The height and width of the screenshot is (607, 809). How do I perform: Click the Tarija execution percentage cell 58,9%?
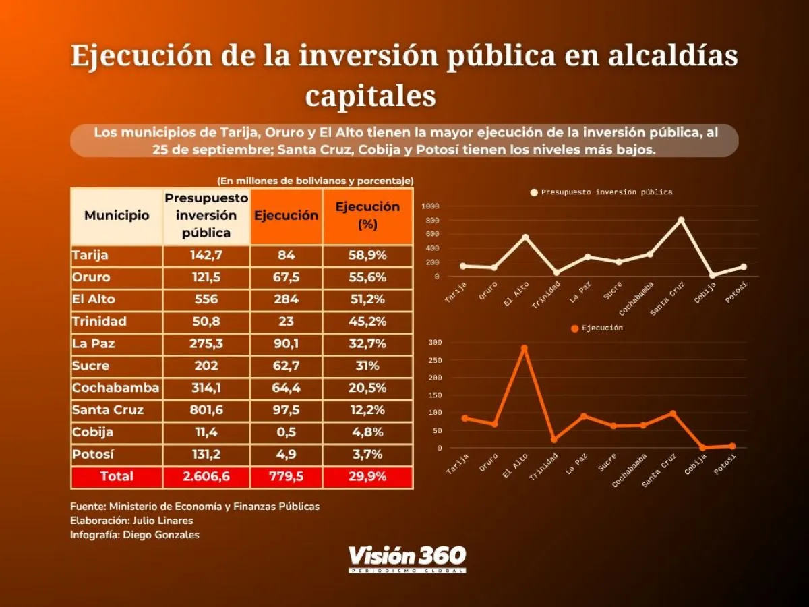(x=367, y=256)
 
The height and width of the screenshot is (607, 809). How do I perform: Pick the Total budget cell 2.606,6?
(x=206, y=477)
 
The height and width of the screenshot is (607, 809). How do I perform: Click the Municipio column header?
(x=117, y=216)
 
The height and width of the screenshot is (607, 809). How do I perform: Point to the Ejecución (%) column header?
(x=367, y=216)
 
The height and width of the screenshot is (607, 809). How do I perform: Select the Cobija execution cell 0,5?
(x=286, y=432)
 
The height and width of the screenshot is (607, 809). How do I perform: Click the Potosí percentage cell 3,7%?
(x=367, y=455)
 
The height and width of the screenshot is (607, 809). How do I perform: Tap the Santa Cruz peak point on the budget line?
(x=681, y=220)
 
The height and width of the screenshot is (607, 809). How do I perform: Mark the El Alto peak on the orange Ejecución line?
(x=524, y=348)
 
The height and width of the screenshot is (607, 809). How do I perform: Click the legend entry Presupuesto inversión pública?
(x=606, y=192)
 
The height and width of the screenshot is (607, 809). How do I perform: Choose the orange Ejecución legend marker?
(x=574, y=328)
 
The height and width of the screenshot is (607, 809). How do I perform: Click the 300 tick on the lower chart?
(x=435, y=343)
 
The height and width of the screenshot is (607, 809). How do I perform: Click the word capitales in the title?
(x=370, y=95)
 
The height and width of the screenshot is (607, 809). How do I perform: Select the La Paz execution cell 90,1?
(x=286, y=344)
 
